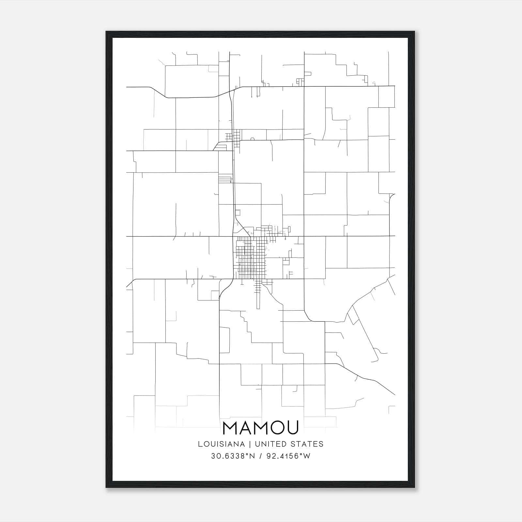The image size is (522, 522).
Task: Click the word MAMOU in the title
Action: (x=260, y=428)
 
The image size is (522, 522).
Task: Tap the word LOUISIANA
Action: (x=221, y=444)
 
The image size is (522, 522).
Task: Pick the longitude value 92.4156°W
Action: (x=288, y=456)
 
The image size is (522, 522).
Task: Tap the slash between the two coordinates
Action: (x=260, y=456)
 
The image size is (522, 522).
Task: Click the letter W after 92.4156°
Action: (x=306, y=456)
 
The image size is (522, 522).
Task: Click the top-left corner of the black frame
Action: (x=107, y=32)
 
